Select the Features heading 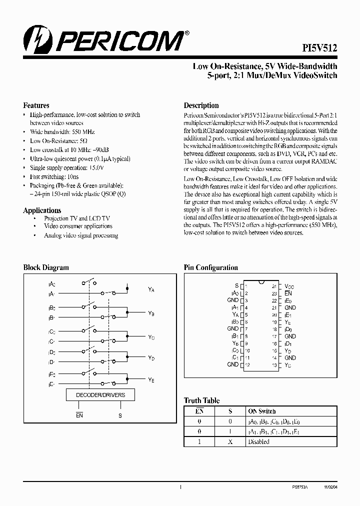[36, 105]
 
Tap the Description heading [201, 105]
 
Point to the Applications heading [42, 210]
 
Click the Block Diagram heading [46, 267]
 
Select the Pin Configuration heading [210, 267]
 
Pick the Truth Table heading [201, 400]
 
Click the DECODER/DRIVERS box [100, 394]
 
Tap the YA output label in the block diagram [151, 289]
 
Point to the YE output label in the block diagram [151, 380]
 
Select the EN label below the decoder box [79, 415]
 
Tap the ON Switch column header [262, 411]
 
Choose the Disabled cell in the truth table [258, 441]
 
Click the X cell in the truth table [230, 441]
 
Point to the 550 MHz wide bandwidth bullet [62, 132]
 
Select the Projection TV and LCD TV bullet [76, 218]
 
